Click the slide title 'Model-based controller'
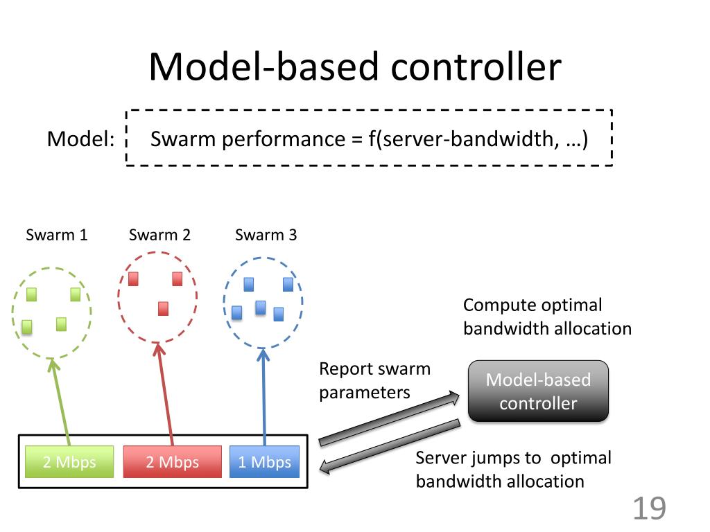pos(355,66)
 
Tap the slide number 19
pos(649,508)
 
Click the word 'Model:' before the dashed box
pos(81,139)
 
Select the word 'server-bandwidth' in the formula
pos(468,139)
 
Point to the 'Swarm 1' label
pos(57,235)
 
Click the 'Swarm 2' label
pos(160,235)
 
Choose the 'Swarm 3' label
pos(266,235)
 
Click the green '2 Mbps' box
pos(69,462)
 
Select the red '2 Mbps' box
pos(173,462)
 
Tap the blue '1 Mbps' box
pos(264,462)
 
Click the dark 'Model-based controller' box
pos(538,391)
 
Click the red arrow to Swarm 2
pos(164,394)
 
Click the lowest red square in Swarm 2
pos(163,308)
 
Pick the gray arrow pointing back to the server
pos(390,447)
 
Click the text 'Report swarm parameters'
pos(375,380)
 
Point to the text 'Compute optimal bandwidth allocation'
pos(547,317)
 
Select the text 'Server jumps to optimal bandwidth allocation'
pos(514,470)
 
